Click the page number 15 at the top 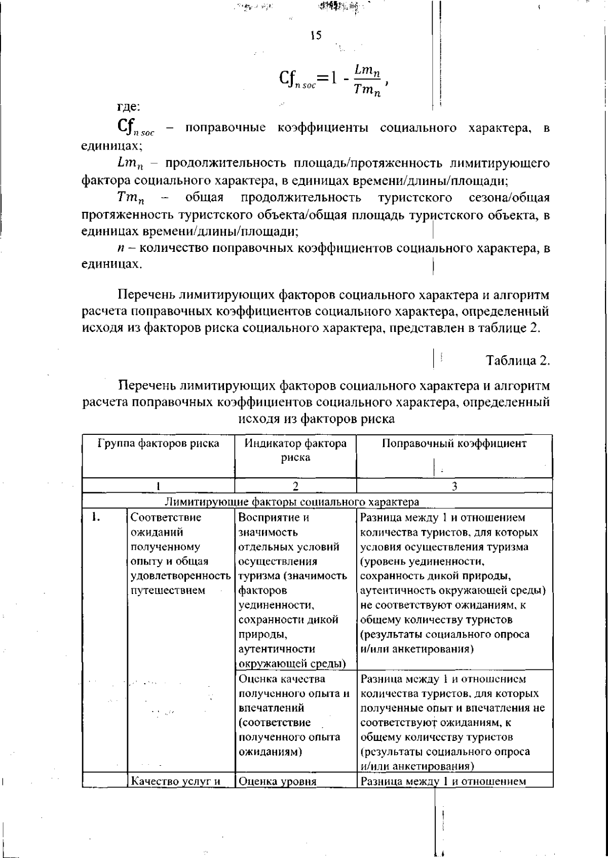tap(316, 35)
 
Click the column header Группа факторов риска tap(159, 443)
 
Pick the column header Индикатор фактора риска tap(296, 450)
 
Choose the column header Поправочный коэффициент tap(454, 443)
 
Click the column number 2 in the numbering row tap(296, 486)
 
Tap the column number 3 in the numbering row tap(454, 486)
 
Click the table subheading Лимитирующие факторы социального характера tap(292, 502)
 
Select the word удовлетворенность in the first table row tap(181, 576)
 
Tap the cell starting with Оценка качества tap(294, 715)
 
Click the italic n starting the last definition tap(120, 248)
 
